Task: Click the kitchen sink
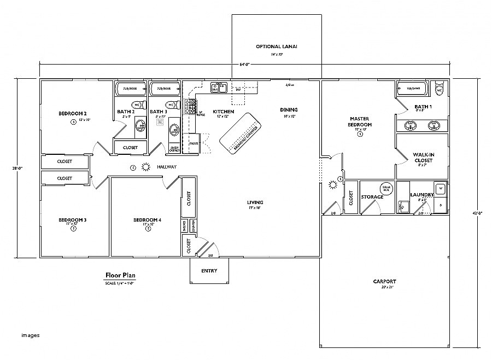219,86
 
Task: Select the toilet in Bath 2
136,105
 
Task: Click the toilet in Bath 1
438,89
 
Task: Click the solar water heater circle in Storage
386,188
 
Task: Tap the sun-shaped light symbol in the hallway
145,167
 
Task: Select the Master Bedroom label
360,121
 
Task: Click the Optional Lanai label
276,47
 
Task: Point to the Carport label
385,281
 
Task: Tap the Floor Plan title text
120,275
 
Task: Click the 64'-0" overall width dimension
244,65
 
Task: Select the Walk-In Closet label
425,158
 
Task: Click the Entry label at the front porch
209,270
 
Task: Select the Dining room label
289,109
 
